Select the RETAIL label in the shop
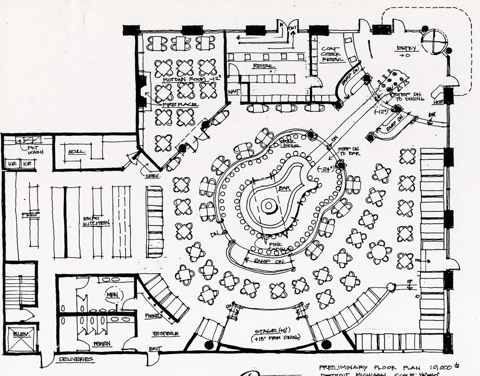coord(263,66)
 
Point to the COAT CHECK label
coord(331,54)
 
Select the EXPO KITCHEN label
coord(96,221)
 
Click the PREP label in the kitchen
coord(30,214)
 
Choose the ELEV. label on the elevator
coord(21,333)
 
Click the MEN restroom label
coord(112,294)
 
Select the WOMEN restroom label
coord(102,344)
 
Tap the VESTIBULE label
coord(165,333)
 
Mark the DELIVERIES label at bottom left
coord(76,360)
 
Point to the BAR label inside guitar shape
coord(285,188)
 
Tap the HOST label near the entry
coord(439,102)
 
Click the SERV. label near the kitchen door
coord(153,176)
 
